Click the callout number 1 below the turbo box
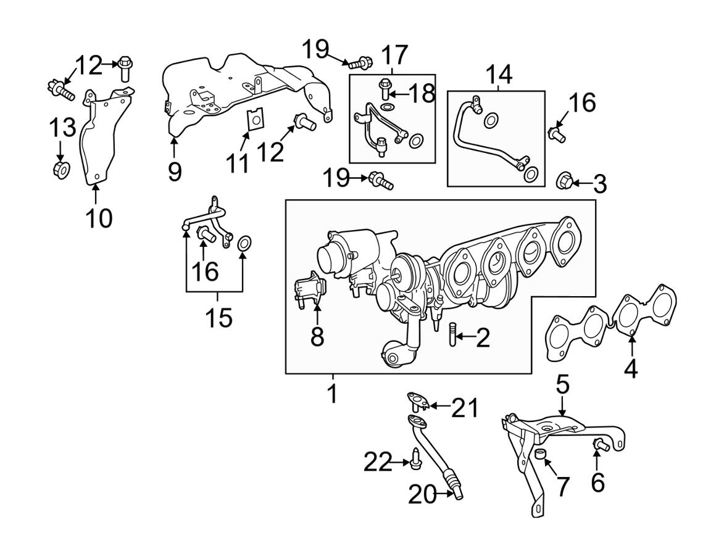pyautogui.click(x=333, y=392)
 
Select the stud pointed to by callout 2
pyautogui.click(x=452, y=337)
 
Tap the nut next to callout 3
pyautogui.click(x=564, y=181)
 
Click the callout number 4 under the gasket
pyautogui.click(x=630, y=368)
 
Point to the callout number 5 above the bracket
pyautogui.click(x=562, y=386)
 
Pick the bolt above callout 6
pyautogui.click(x=598, y=445)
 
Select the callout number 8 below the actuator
pyautogui.click(x=317, y=336)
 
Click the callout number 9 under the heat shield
pyautogui.click(x=175, y=170)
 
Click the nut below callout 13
pyautogui.click(x=61, y=168)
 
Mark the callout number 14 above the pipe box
pyautogui.click(x=499, y=75)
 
